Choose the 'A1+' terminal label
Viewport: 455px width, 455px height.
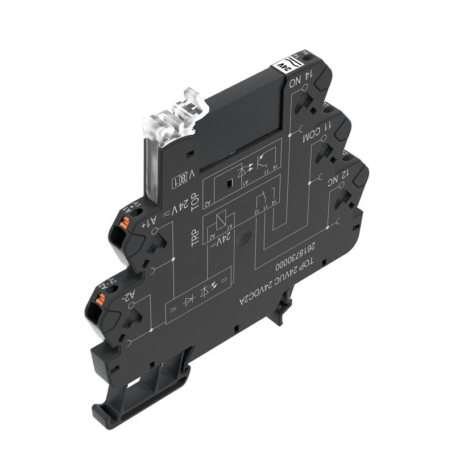pyautogui.click(x=147, y=222)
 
